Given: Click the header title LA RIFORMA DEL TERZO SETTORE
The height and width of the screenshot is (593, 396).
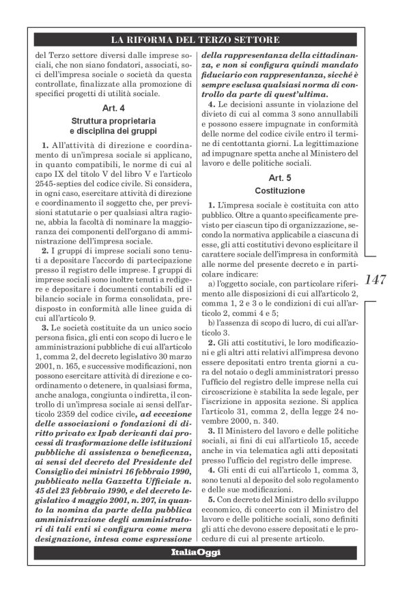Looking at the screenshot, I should (x=197, y=38).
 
